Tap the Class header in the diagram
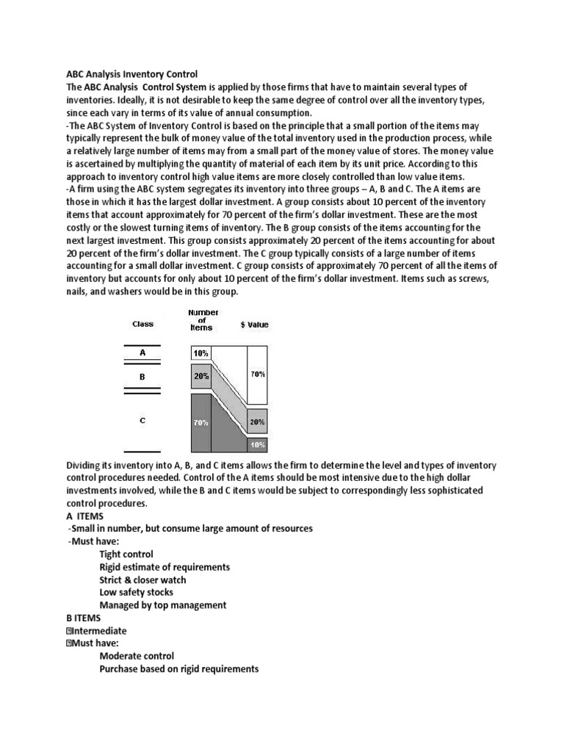point(142,324)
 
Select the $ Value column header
point(254,324)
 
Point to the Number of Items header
point(203,320)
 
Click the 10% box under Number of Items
point(200,353)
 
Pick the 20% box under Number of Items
point(200,376)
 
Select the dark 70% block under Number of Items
point(200,423)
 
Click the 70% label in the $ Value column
point(257,374)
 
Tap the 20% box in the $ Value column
point(257,422)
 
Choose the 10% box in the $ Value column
point(257,444)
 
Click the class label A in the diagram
point(142,352)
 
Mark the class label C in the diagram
point(142,420)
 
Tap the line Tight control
point(126,554)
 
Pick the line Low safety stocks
point(137,592)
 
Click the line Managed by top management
point(163,605)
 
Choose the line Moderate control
point(137,656)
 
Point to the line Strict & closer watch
point(142,579)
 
